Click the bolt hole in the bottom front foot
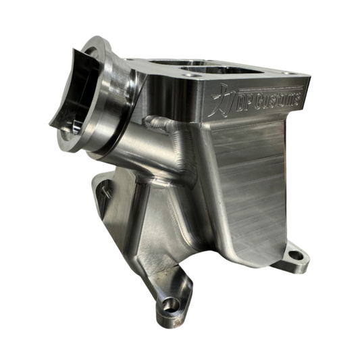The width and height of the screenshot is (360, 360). coord(170,305)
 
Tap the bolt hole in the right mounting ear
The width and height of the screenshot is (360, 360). coord(294,256)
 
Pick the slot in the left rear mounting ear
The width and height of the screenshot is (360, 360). coord(103,191)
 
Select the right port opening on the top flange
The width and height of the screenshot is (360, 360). coord(215,71)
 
